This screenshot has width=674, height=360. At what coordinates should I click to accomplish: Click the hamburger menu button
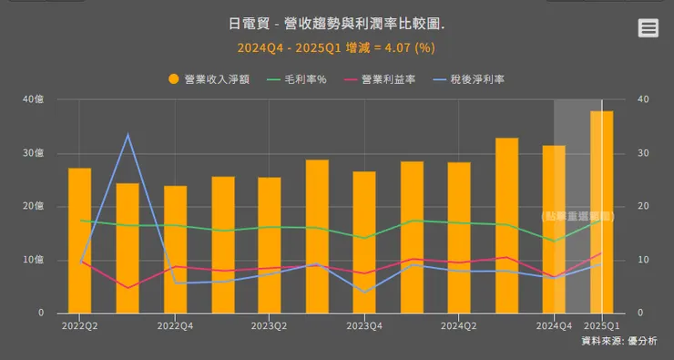coord(648,28)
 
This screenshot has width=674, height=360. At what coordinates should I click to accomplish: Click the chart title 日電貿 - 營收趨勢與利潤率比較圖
coord(337,25)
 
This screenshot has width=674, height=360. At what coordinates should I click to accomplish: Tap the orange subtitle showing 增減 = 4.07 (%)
coord(337,47)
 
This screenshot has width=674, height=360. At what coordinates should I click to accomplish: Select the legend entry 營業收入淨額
coord(217,79)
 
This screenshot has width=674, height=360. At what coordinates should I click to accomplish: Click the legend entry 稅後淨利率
coord(477,79)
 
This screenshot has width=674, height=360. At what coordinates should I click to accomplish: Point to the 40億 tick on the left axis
coord(33,99)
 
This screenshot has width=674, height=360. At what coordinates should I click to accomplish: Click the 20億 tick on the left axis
coord(33,207)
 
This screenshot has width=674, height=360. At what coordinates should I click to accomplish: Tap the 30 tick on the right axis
coord(646,153)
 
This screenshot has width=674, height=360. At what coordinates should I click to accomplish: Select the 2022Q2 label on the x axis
coord(79,324)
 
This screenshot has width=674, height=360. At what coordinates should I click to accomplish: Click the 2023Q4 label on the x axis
coord(363,324)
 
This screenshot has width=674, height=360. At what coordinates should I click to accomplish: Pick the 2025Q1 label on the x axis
coord(601,324)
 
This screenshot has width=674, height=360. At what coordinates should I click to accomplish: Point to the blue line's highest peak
coord(128,136)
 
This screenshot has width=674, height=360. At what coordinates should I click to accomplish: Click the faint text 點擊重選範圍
coord(578,216)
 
